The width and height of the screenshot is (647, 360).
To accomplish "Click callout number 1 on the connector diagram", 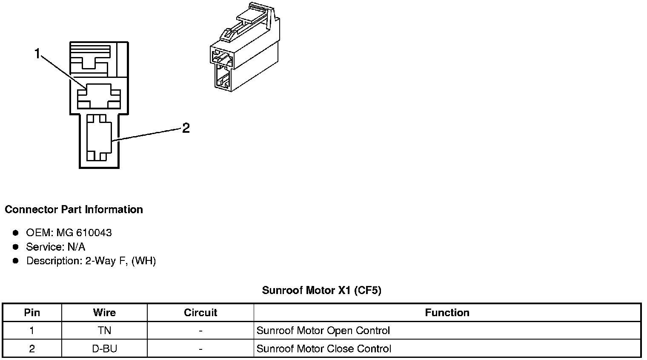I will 37,54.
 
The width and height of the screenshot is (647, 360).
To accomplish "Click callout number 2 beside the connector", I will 186,128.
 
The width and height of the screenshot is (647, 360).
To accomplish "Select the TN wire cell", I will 104,331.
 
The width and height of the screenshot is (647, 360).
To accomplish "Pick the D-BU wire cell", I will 104,349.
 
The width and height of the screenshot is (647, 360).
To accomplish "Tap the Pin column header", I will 32,313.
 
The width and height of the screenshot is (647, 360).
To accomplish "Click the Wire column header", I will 104,313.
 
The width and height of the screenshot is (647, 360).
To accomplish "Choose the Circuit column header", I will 200,313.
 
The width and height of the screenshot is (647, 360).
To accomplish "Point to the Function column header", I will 447,313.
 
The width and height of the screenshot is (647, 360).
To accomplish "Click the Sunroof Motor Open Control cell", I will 323,331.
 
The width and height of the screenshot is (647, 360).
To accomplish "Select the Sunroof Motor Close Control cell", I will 323,349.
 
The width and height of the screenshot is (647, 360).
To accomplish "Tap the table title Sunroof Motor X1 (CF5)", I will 321,291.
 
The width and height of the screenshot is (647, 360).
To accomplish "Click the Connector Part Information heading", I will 74,209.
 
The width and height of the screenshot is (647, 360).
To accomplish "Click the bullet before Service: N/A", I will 16,247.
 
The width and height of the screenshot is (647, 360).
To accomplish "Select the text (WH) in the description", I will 144,261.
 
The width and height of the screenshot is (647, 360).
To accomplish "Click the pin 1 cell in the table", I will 32,331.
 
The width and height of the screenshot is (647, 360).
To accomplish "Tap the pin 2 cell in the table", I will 32,349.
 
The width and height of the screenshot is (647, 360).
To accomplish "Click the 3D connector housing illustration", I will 245,51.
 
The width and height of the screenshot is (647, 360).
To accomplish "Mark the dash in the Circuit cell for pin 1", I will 200,331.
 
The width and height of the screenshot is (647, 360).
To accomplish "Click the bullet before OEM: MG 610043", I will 16,233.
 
